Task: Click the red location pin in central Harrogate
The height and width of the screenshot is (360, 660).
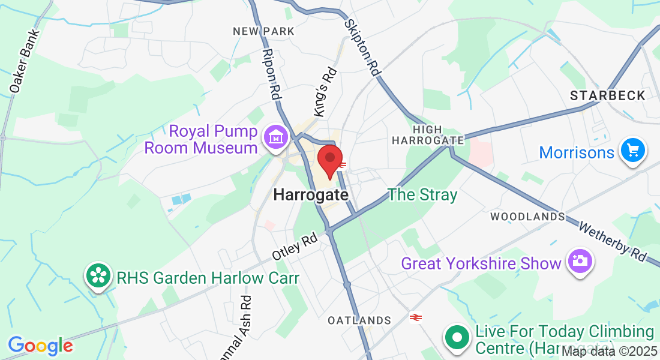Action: (x=329, y=159)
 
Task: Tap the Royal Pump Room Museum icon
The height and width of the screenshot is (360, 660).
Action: (x=276, y=138)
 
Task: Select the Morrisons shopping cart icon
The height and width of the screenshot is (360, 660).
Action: (x=632, y=150)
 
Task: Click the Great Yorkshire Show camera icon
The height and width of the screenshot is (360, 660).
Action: (x=580, y=262)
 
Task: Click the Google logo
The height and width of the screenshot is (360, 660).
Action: (x=40, y=346)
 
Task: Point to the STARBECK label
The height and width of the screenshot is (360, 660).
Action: (x=607, y=95)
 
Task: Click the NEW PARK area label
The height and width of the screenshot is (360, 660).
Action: (x=263, y=31)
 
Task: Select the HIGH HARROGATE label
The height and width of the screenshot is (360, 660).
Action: (x=428, y=135)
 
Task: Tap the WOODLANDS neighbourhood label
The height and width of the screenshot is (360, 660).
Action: (x=527, y=216)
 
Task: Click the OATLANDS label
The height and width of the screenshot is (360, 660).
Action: (x=359, y=321)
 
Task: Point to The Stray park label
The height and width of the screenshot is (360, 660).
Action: (x=422, y=194)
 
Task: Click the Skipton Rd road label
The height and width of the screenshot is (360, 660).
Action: (x=364, y=47)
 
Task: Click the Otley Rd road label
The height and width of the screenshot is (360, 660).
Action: (x=294, y=247)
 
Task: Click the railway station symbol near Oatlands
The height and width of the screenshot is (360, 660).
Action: (x=415, y=317)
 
